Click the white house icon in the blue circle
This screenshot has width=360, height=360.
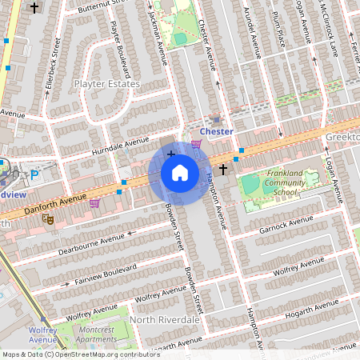click(x=180, y=172)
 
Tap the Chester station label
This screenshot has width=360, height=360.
click(x=216, y=131)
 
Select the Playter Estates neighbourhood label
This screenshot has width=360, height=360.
click(x=106, y=84)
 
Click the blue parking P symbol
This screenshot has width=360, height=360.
click(x=34, y=174)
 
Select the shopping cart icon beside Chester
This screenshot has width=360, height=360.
click(x=196, y=143)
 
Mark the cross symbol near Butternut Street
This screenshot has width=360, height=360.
click(x=34, y=7)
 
